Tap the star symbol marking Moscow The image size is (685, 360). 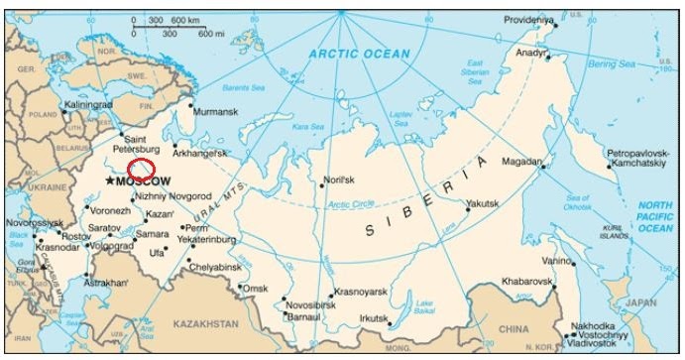coord(109,181)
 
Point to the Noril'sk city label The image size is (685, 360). coord(338,180)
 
